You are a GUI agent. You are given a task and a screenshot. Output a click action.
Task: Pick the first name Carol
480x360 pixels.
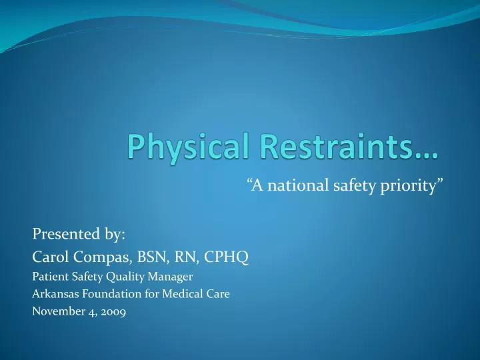(50, 255)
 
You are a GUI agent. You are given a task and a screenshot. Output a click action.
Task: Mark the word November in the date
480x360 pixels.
(55, 310)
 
